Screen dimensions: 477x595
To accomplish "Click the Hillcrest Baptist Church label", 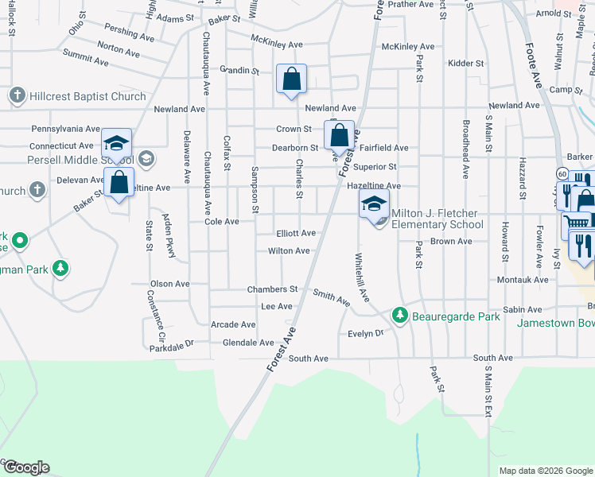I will pos(87,96).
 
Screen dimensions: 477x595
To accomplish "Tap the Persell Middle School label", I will pos(67,159).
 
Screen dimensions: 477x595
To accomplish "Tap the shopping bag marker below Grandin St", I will pos(292,79).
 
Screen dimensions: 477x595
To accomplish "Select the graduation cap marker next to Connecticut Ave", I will pos(116,144).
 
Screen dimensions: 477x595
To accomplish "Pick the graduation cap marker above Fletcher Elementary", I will pos(374,204).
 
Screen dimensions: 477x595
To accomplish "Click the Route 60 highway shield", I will pos(562,173).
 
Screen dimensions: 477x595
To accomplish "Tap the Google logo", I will pos(25,467).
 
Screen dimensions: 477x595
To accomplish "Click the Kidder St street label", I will pos(465,63).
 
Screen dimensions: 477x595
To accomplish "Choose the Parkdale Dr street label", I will pos(172,346).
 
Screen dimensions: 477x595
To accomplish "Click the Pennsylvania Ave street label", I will pos(65,128).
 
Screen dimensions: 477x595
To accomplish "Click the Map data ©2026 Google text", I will pos(546,471).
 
